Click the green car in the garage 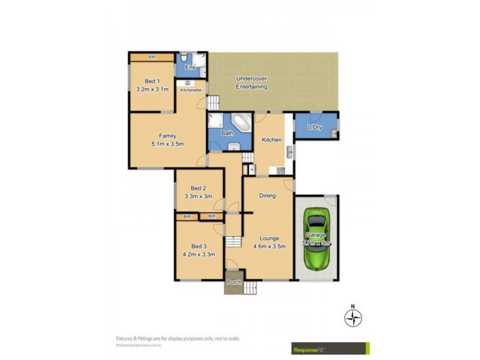coord(316,239)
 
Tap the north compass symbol coord(353,317)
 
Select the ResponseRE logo coord(330,349)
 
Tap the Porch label coord(233,282)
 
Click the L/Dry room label coord(316,127)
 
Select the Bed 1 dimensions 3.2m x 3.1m coord(152,89)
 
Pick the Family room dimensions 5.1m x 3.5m coord(167,143)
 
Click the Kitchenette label coord(190,90)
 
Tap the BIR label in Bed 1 coord(152,57)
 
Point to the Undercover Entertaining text coord(251,83)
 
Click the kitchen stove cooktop coord(280,171)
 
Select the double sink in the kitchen coord(289,150)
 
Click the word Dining coord(268,196)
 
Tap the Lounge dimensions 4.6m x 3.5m coord(269,246)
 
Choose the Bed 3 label coord(198,247)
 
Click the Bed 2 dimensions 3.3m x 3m coord(198,196)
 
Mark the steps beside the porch coord(250,287)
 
